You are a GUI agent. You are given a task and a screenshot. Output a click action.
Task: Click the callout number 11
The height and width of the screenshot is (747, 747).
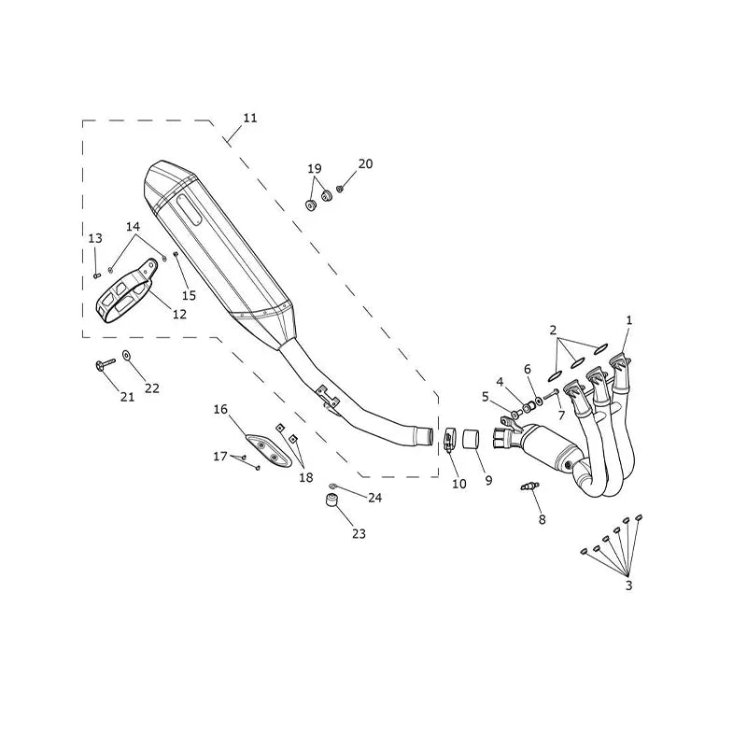click(x=250, y=118)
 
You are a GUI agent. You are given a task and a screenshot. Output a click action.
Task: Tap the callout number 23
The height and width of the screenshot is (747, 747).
click(x=359, y=534)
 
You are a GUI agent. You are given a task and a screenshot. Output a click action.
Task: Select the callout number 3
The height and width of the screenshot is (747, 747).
click(x=628, y=585)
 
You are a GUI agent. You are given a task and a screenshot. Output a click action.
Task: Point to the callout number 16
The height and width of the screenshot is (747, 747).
click(x=220, y=409)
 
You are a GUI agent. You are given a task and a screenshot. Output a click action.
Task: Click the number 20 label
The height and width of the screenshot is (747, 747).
click(x=365, y=164)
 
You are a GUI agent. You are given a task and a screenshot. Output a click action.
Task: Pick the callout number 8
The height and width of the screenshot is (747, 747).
click(x=543, y=519)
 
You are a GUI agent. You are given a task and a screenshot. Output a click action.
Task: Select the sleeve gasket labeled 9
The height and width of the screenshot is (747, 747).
click(x=471, y=439)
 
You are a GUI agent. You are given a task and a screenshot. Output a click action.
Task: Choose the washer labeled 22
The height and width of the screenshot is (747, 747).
click(x=127, y=355)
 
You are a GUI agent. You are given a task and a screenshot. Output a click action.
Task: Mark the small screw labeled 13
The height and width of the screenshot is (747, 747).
click(x=97, y=275)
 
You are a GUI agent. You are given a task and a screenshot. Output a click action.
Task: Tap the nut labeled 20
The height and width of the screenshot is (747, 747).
click(x=340, y=189)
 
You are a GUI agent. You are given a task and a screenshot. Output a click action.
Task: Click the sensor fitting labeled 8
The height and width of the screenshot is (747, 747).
click(x=529, y=486)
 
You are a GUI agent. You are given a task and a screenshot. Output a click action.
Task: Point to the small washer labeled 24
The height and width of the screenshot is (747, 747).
click(x=332, y=486)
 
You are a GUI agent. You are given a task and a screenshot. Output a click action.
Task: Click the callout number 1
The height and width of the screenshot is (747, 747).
click(x=628, y=320)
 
